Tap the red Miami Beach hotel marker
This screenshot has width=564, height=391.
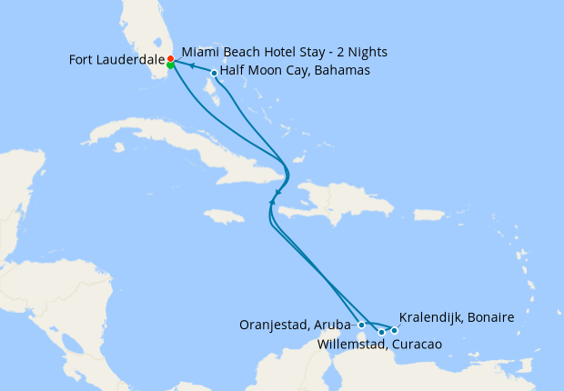click(170, 58)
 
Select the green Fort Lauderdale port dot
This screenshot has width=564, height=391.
click(170, 65)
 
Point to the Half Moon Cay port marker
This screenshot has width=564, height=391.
click(214, 73)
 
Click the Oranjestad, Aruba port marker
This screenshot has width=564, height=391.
click(362, 324)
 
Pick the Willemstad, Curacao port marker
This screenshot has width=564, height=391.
click(381, 332)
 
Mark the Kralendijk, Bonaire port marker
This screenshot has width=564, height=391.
click(394, 330)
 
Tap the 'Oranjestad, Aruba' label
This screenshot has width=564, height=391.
click(295, 324)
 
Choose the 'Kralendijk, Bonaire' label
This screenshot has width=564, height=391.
click(457, 317)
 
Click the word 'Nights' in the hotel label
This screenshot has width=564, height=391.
click(366, 52)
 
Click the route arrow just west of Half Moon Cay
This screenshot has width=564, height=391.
click(192, 66)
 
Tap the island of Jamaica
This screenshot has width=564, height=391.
click(225, 216)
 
